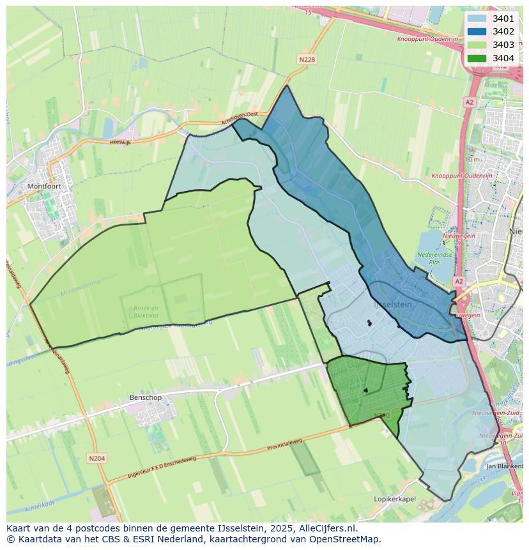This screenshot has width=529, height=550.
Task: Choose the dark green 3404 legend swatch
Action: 476,58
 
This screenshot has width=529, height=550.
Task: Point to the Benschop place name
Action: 146,397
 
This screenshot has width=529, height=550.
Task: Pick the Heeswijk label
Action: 119,142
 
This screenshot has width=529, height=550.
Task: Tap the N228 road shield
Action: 307,59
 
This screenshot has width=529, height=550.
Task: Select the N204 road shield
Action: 96,458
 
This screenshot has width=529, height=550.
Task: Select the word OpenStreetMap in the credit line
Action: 346,539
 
